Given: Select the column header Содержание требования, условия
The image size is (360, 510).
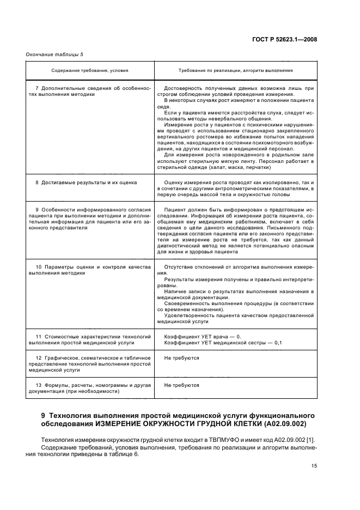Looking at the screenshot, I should click(x=89, y=70).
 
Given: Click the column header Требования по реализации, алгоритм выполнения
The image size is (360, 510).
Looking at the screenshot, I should click(x=235, y=70).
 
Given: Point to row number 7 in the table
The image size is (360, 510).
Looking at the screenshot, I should click(x=36, y=88).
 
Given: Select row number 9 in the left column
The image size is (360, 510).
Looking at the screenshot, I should click(x=36, y=210).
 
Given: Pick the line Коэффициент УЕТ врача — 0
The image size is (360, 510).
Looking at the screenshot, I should click(x=202, y=337).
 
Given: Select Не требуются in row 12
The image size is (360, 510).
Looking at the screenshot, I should click(x=181, y=358).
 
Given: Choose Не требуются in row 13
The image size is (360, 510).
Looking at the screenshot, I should click(x=181, y=385).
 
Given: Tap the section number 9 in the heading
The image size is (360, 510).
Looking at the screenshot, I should click(x=44, y=416).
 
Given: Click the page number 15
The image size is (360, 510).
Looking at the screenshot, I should click(x=314, y=466).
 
